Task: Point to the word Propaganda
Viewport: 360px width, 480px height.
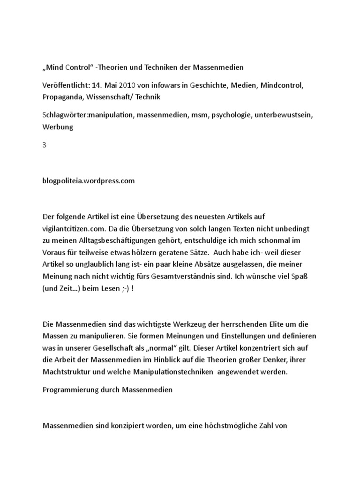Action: pos(62,97)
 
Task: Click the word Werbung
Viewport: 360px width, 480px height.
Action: pos(58,127)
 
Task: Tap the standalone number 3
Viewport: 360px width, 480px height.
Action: pos(45,145)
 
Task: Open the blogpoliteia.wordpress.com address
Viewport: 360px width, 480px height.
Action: pos(89,181)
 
